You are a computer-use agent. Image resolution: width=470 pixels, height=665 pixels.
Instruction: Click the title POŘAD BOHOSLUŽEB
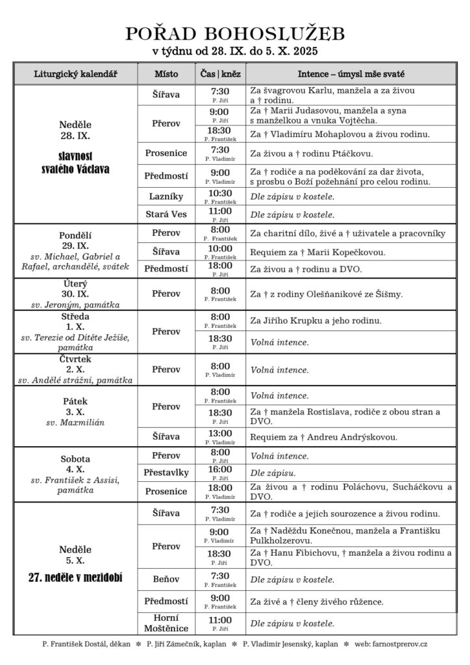pos(235,34)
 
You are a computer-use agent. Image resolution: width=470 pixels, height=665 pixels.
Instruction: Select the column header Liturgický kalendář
pos(75,73)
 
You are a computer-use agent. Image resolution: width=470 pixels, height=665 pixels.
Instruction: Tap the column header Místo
pos(166,73)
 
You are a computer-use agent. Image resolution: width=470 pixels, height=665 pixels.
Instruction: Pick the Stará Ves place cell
pos(166,214)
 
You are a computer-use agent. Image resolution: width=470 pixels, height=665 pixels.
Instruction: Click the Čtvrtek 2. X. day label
pos(75,364)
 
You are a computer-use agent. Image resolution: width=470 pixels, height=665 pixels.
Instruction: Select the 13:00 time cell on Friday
pos(220,436)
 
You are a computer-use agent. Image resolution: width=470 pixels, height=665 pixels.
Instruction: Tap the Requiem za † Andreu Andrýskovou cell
pos(324,436)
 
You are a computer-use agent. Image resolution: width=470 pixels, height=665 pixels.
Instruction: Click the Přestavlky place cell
pos(166,473)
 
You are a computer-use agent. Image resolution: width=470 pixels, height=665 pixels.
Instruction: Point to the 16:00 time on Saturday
pos(220,472)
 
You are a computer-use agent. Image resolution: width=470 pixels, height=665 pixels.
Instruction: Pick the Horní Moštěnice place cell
pos(166,623)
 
